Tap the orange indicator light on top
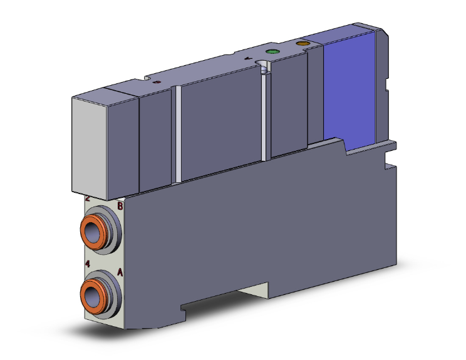pos(303,44)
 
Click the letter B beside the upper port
pos(120,205)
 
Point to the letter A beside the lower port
pos(120,273)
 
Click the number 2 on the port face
pos(88,199)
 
